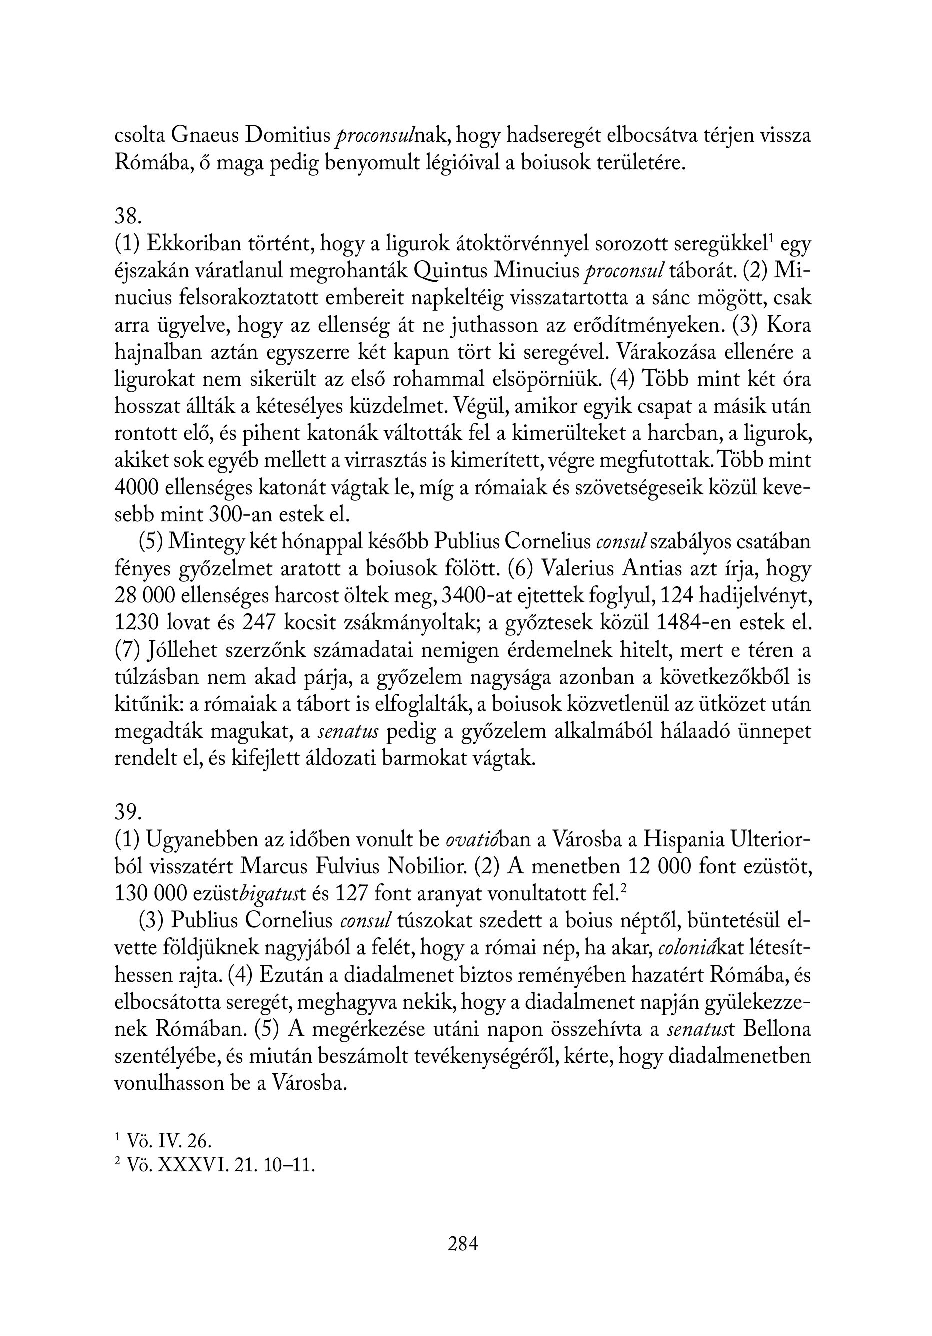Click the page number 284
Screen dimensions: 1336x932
point(463,1244)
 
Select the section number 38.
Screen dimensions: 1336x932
point(128,216)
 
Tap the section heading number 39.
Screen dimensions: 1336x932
point(128,811)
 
